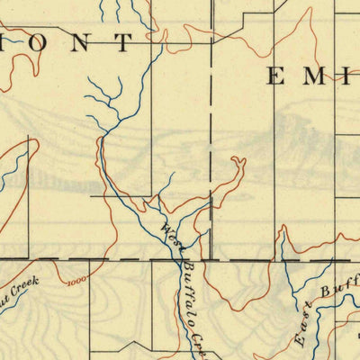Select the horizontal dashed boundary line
[135, 260]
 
